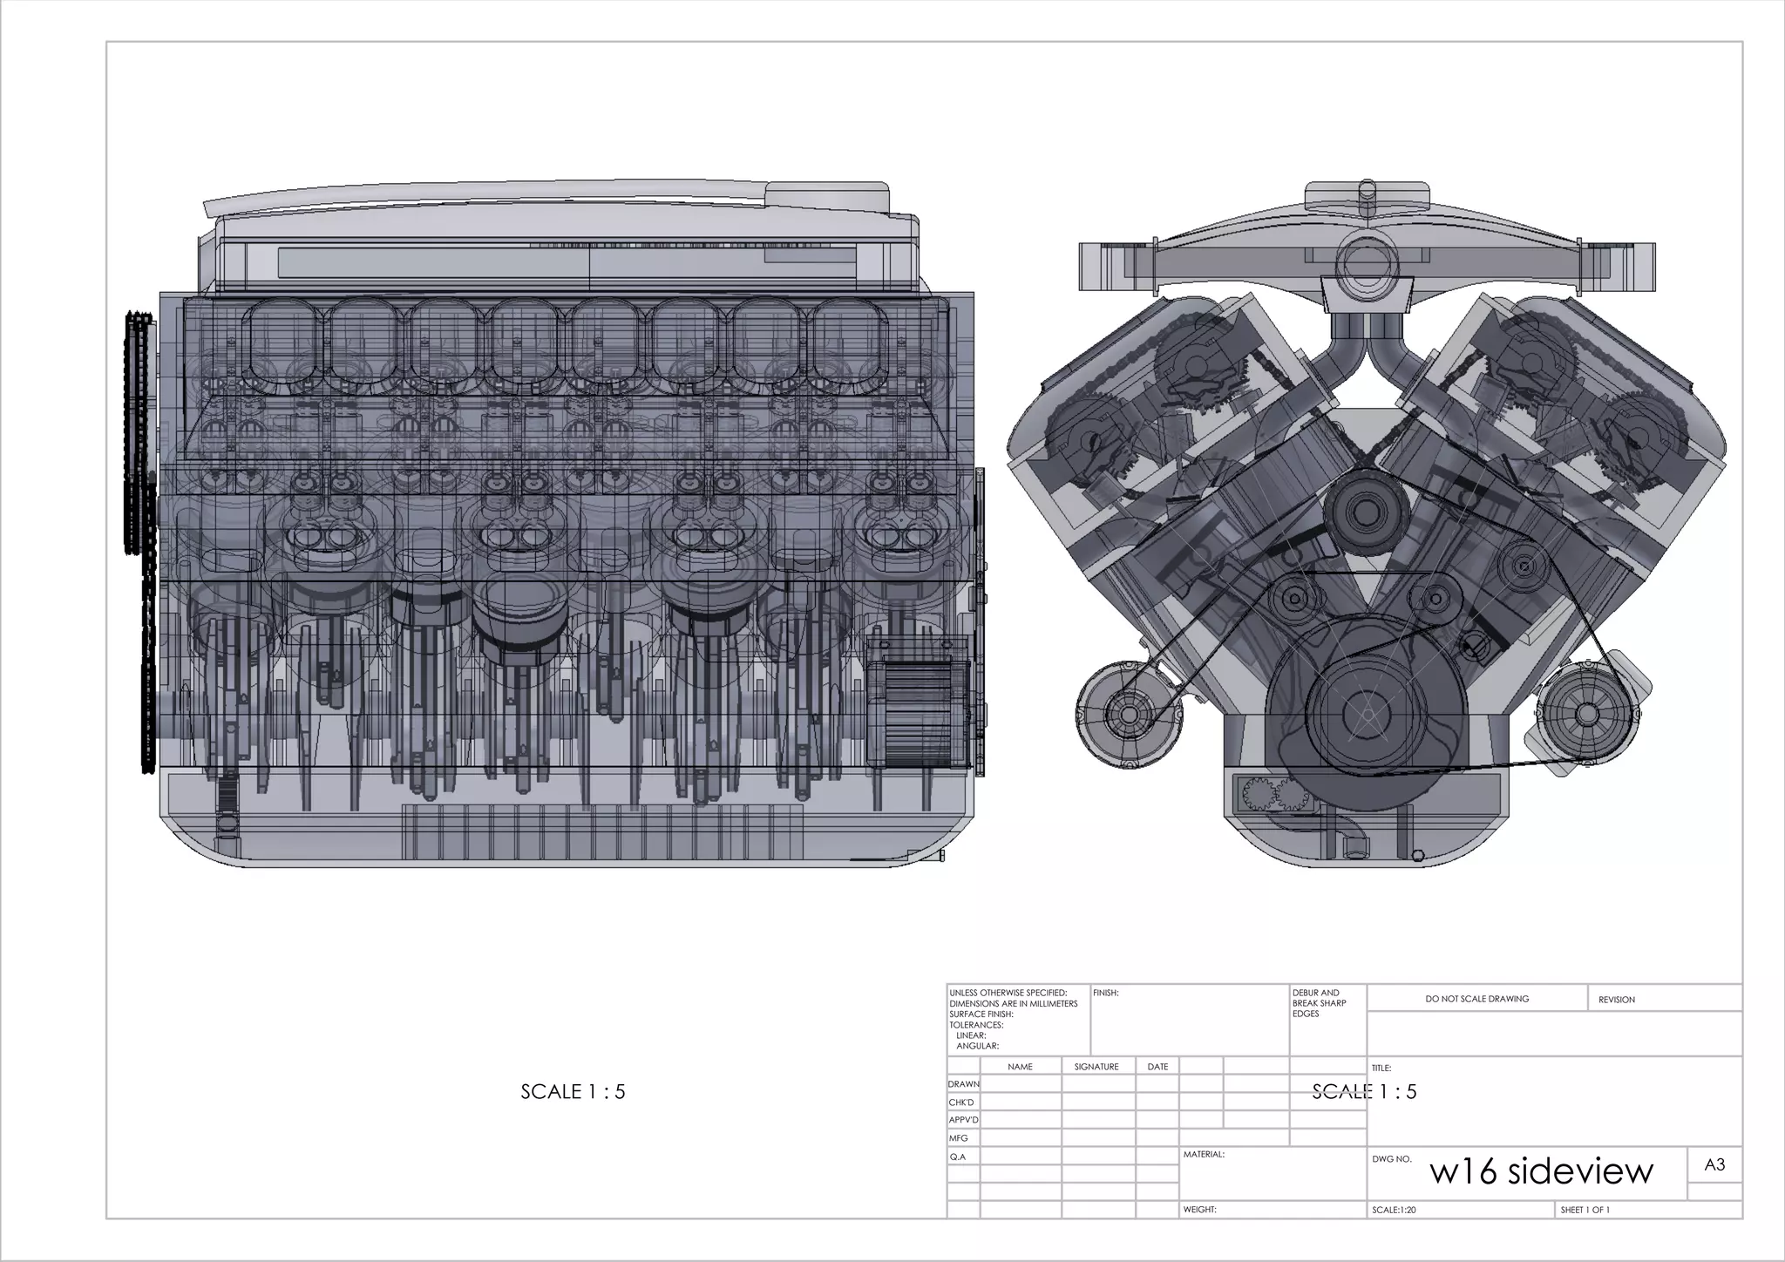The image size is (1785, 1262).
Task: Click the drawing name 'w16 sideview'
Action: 1541,1171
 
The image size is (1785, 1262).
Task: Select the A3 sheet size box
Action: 1714,1165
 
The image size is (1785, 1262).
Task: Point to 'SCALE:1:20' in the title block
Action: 1395,1210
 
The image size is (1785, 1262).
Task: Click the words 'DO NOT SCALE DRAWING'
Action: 1477,999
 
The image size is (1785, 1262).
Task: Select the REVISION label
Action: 1617,1000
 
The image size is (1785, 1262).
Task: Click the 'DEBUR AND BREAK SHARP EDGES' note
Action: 1320,1003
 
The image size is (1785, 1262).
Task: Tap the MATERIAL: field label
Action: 1204,1155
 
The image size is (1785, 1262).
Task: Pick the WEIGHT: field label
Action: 1200,1210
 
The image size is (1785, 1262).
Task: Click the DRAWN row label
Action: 964,1084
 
